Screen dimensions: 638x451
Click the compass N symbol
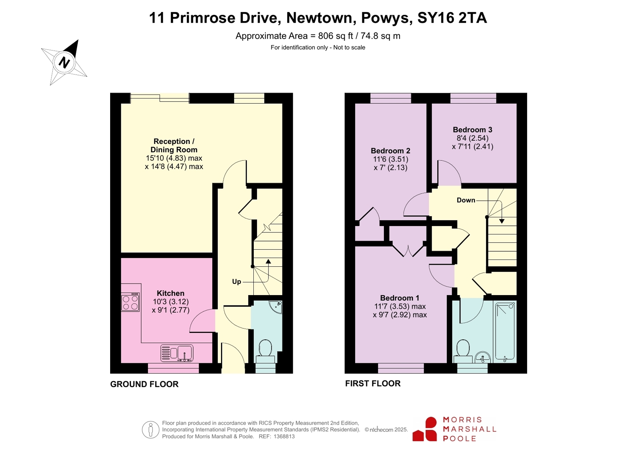(64, 62)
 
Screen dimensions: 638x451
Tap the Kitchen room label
(170, 293)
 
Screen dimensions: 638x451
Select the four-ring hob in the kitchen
(130, 302)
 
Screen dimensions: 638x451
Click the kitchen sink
(177, 353)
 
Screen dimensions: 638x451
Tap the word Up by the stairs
(236, 282)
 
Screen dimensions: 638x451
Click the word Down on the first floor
(466, 200)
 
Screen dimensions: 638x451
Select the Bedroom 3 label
(472, 130)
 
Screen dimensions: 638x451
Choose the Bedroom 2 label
(391, 151)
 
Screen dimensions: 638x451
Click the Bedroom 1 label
(400, 298)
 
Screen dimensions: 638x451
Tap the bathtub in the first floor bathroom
(505, 332)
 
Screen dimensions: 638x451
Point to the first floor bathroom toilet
(463, 351)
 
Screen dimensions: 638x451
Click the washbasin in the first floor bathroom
(482, 357)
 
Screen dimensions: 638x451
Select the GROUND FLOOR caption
(144, 384)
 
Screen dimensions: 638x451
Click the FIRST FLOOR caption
(373, 384)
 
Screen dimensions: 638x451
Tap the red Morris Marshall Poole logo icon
(425, 429)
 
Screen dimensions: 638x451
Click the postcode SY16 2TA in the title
(452, 18)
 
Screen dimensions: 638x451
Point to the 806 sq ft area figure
(336, 36)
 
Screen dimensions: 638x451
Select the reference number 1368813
(284, 437)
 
